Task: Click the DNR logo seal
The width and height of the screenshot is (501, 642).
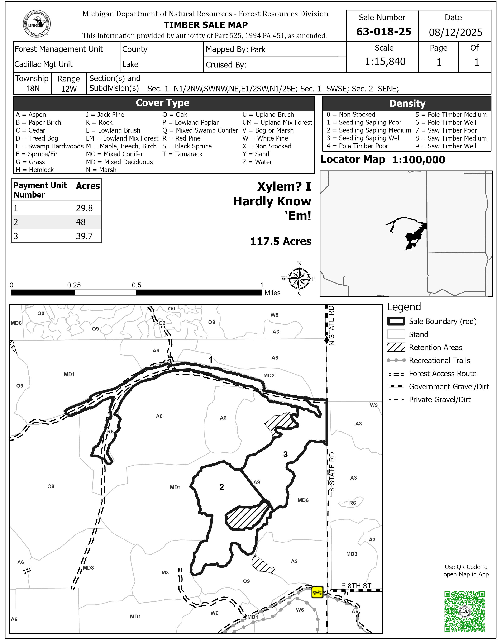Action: [37, 24]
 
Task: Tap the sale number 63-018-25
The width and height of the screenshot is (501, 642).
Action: [383, 32]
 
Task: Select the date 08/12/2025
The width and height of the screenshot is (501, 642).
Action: [455, 32]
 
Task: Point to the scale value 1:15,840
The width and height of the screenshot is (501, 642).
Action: [385, 61]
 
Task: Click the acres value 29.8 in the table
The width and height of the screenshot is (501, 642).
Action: [84, 208]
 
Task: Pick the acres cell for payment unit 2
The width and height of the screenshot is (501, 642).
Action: [81, 222]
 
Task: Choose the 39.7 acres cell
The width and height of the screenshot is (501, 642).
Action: [84, 236]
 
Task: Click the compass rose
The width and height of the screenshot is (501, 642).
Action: [299, 278]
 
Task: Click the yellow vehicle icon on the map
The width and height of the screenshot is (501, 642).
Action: [317, 592]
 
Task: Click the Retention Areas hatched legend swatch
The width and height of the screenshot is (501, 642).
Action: [396, 347]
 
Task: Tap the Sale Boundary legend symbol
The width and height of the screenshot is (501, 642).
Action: [396, 321]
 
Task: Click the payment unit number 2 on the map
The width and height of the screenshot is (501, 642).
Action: [221, 487]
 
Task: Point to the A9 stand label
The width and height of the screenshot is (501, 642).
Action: [257, 482]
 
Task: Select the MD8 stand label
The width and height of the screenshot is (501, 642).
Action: [88, 568]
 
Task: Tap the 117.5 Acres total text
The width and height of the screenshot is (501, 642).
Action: [281, 241]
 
